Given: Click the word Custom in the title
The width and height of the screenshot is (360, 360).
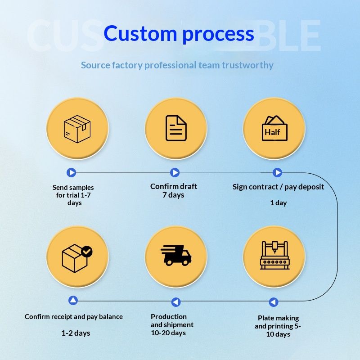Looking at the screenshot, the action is click(140, 33).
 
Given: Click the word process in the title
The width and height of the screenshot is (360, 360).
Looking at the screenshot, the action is click(218, 35).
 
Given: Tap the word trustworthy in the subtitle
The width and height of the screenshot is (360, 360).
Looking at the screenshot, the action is click(248, 65).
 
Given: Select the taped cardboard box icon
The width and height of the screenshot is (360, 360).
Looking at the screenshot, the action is click(77, 129).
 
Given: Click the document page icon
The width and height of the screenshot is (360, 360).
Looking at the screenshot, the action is click(176, 128).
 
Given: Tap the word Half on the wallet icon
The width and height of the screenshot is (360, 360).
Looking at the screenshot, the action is click(272, 132).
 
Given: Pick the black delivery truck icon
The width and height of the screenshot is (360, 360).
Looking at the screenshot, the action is click(176, 255).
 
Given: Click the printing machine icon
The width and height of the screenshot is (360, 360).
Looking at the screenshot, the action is click(274, 255).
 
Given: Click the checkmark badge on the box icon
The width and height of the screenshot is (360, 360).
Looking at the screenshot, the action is click(87, 252).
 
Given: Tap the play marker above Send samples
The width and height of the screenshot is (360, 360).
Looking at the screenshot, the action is click(72, 172).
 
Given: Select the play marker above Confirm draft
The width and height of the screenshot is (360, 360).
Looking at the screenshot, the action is click(175, 172).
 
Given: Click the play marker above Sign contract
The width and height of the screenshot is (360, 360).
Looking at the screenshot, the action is click(277, 172).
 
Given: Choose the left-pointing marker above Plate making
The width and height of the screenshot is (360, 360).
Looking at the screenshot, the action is click(274, 302).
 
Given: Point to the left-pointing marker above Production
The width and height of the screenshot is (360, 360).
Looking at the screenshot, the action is click(176, 302).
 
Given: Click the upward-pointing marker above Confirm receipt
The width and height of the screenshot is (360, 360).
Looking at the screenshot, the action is click(73, 300).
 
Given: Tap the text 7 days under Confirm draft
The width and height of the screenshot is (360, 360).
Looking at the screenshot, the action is click(173, 195).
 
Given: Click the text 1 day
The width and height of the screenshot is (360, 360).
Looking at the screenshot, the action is click(279, 203).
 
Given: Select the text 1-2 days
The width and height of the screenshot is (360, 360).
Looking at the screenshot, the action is click(76, 333).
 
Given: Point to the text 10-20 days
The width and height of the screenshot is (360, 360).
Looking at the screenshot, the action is click(168, 333).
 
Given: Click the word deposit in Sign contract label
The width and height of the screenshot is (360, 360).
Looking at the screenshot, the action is click(311, 187).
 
